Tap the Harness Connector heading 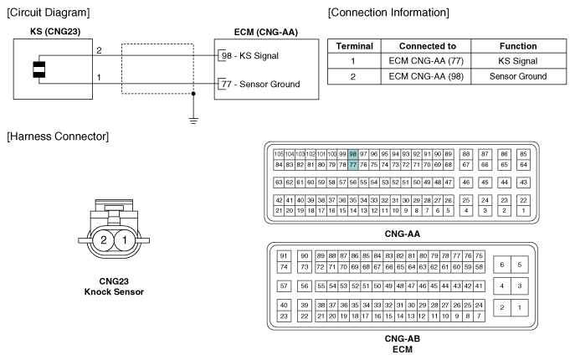coord(54,136)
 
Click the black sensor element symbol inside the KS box coord(38,69)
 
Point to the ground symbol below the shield coord(193,118)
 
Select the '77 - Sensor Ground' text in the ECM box coord(259,85)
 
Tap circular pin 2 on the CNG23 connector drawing coord(103,240)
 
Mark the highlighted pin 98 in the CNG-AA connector coord(353,155)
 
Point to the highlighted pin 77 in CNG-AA coord(353,165)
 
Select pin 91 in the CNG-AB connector coord(284,255)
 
